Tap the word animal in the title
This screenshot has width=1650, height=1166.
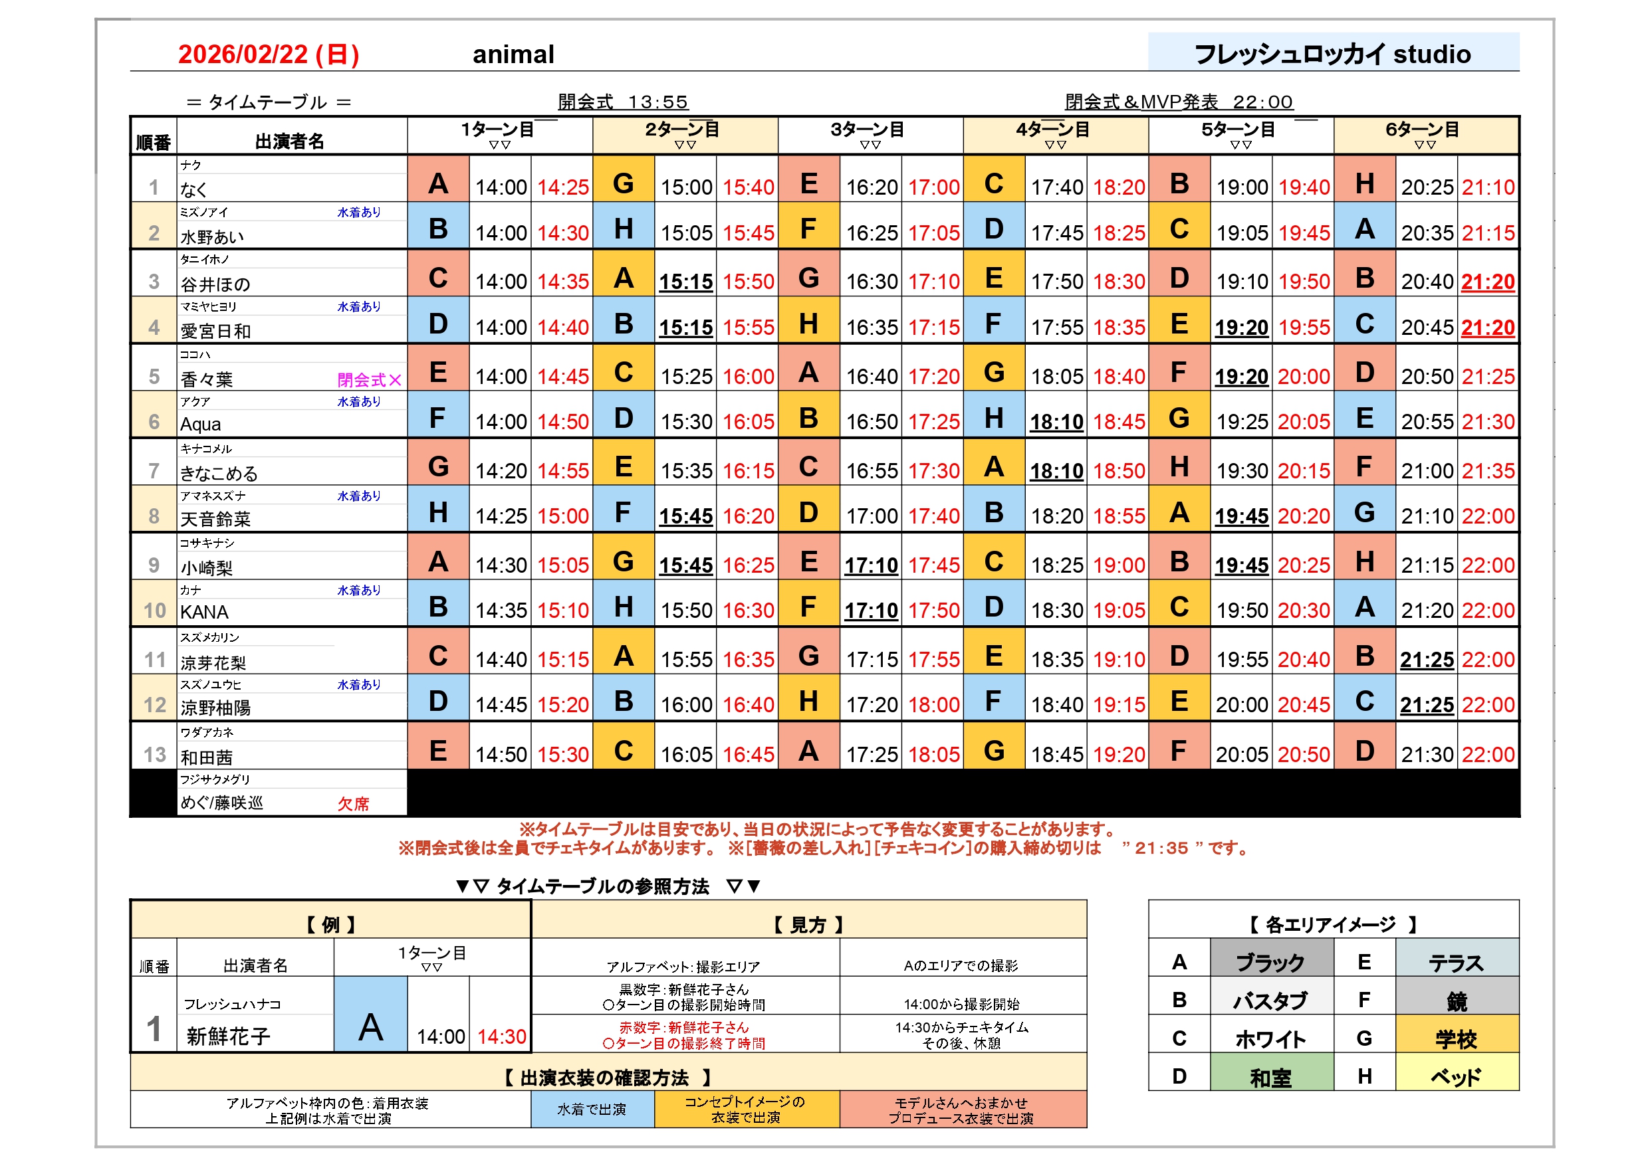point(513,54)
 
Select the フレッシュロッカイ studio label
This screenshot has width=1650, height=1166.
point(1332,54)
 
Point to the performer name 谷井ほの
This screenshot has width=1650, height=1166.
point(215,284)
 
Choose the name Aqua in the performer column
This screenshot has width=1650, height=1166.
point(201,424)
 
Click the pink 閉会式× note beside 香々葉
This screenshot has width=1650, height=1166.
point(370,379)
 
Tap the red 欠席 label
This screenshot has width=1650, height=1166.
point(353,803)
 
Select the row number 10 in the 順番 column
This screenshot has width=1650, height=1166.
point(154,611)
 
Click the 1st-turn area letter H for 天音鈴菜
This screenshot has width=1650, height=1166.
point(437,512)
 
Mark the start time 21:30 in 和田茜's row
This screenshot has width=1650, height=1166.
point(1427,754)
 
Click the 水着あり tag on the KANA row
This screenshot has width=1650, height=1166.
point(358,590)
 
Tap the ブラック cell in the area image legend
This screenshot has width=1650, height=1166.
point(1270,962)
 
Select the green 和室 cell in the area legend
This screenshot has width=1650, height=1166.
point(1270,1077)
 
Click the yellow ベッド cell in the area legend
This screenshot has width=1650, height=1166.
point(1456,1077)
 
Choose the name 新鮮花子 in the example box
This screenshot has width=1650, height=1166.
point(229,1035)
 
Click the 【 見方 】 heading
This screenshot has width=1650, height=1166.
point(808,925)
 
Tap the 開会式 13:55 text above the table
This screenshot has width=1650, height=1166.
point(622,102)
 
